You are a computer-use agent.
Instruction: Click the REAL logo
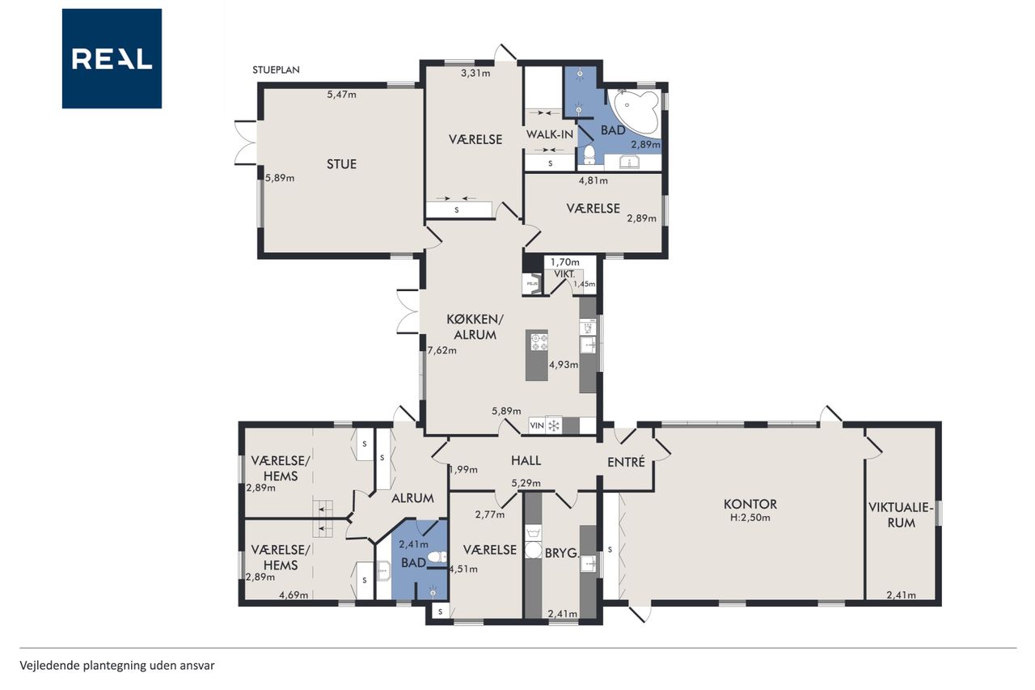112,59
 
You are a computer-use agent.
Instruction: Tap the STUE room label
341,164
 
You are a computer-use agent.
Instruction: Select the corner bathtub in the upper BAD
632,112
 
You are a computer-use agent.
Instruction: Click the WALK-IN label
549,134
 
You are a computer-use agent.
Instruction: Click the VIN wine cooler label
537,425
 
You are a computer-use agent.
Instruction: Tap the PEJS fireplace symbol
532,284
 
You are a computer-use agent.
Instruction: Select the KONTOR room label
750,504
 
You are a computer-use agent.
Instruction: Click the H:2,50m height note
750,518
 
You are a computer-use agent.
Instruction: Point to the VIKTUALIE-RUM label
901,514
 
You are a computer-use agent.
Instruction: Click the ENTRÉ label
626,462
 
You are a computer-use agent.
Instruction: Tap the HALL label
526,460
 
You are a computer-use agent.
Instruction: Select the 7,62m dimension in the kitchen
441,350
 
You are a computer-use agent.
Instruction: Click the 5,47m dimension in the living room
341,95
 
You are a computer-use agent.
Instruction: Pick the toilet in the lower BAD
437,557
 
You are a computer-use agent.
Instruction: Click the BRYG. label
562,552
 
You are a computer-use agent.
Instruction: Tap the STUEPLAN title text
276,70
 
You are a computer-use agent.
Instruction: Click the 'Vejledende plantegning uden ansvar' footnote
117,666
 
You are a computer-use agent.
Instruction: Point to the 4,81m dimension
594,180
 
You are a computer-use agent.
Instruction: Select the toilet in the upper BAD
589,155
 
